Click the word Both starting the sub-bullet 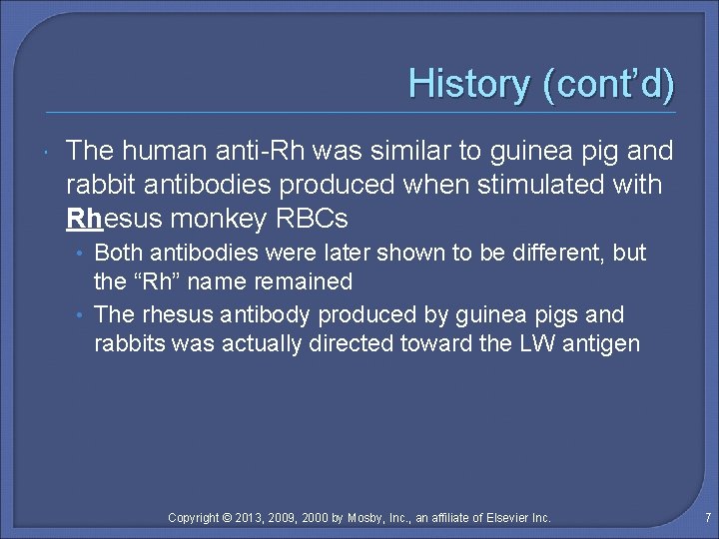(118, 253)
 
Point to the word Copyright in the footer (194, 517)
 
